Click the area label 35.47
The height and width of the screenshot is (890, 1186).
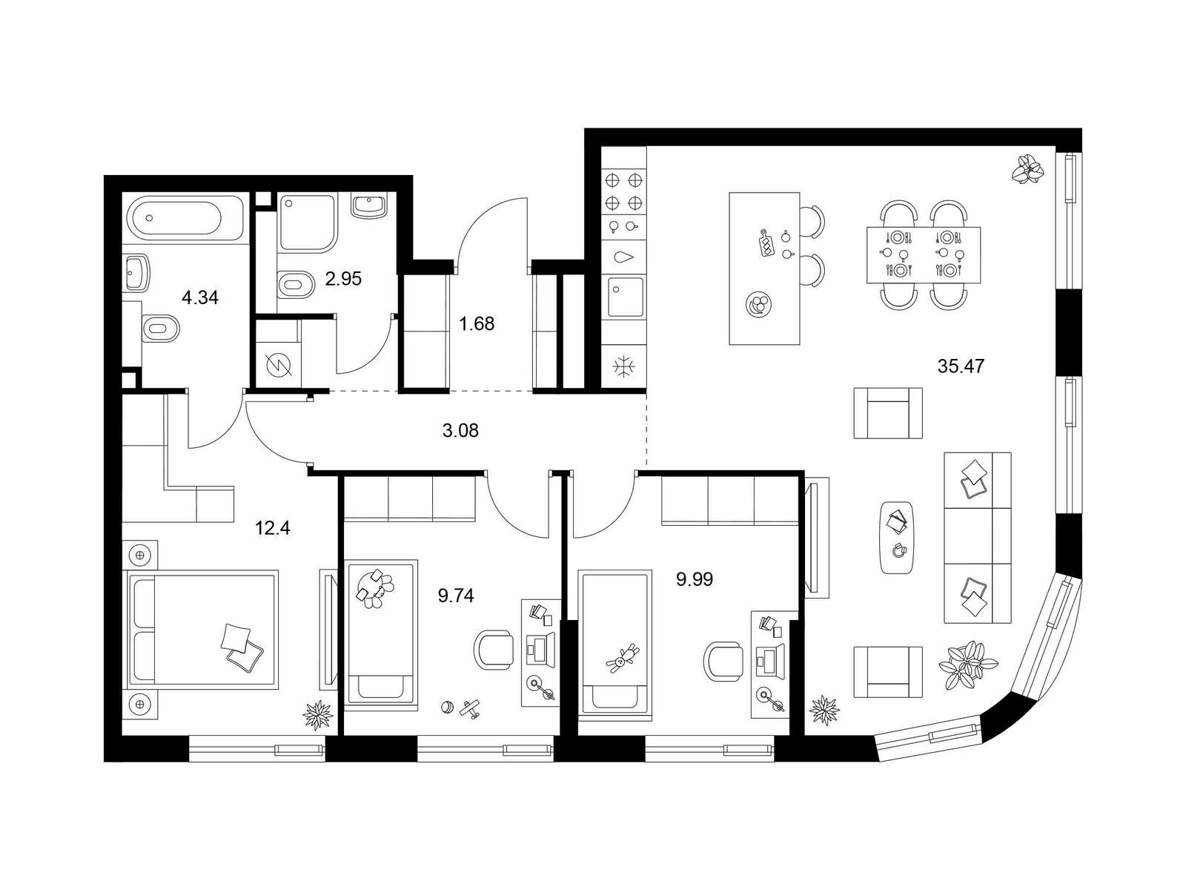coord(961,366)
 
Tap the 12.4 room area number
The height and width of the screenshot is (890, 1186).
coord(272,527)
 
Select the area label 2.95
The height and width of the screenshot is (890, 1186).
coord(343,279)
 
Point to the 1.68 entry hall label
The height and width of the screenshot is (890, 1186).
coord(477,323)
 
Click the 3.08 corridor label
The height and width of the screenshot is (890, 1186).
coord(460,431)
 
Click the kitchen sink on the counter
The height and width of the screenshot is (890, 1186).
coord(626,297)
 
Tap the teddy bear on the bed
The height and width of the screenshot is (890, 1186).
coord(623,659)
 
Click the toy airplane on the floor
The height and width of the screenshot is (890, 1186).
coord(470,708)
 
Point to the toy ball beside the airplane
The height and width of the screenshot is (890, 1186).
coord(448,708)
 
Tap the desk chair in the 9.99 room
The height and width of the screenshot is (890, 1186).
coord(723,662)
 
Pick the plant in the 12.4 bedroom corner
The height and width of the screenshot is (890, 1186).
coord(318,716)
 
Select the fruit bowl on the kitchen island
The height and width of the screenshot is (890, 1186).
coord(758,303)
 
